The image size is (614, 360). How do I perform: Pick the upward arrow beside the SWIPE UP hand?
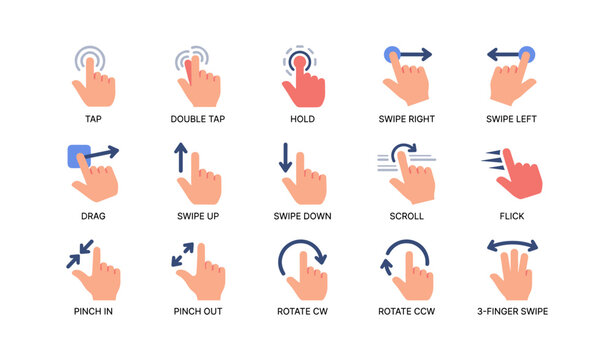point(181,160)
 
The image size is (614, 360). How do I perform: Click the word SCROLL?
point(406,215)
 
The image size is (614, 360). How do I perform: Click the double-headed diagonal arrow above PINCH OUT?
point(183,254)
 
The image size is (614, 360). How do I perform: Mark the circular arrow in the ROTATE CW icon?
point(302,254)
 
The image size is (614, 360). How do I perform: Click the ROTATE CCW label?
point(406,311)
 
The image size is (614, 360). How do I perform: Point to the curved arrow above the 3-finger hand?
point(511,246)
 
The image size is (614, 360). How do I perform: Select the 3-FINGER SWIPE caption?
point(511,311)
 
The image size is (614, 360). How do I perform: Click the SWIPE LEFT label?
point(511,119)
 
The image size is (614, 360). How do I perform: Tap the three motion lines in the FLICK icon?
point(490,158)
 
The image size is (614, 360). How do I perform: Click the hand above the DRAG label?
point(98,180)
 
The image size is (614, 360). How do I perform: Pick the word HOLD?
point(302,119)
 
